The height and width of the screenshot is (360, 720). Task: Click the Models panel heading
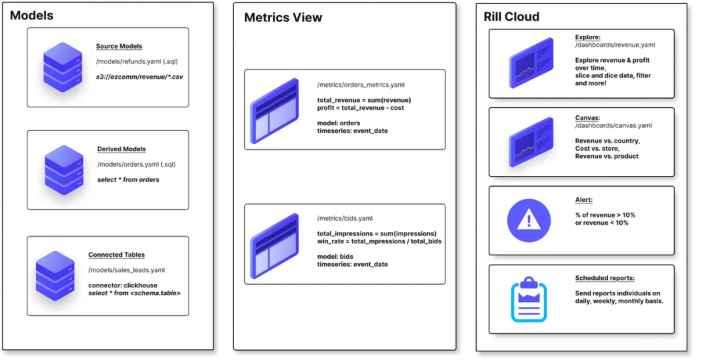click(x=31, y=15)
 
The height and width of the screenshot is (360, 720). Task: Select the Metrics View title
click(x=283, y=17)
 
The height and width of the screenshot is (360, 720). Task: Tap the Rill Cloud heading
click(x=511, y=17)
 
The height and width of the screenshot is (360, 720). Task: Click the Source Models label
click(x=119, y=47)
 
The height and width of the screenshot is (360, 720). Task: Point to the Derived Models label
click(x=121, y=149)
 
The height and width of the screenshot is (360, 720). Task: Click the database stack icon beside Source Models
click(x=62, y=67)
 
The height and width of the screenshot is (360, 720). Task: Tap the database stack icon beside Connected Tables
click(x=55, y=275)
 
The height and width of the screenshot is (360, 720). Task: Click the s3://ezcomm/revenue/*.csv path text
click(x=139, y=77)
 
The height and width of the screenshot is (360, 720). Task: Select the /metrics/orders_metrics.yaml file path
click(x=361, y=85)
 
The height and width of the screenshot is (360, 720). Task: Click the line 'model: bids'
click(x=335, y=256)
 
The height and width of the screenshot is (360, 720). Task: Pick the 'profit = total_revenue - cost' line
click(x=361, y=108)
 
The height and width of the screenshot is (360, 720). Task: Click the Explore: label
click(x=587, y=37)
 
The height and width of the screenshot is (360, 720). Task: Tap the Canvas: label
click(x=587, y=118)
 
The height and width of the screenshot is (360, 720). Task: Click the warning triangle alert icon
click(x=529, y=220)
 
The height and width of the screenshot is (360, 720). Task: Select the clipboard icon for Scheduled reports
click(x=529, y=299)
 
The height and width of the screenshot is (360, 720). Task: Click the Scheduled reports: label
click(x=605, y=278)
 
